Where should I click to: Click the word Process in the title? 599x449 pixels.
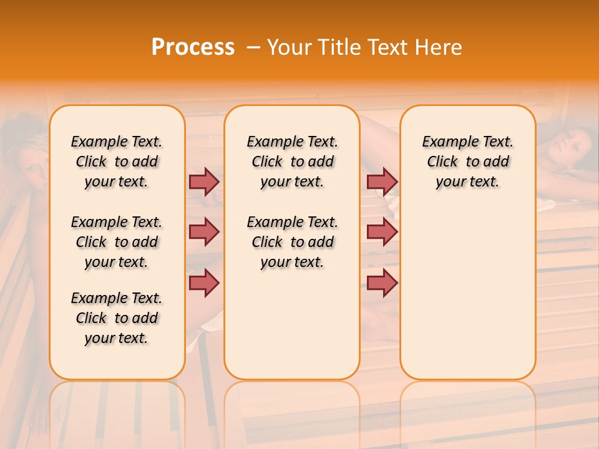(193, 47)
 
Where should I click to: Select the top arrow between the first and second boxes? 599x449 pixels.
(204, 181)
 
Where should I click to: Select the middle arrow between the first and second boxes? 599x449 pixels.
(204, 232)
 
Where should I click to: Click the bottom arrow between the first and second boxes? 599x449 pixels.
(204, 282)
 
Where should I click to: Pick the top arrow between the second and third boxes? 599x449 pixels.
(382, 181)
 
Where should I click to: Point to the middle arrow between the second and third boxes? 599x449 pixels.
(382, 232)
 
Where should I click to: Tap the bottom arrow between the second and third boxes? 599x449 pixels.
(382, 282)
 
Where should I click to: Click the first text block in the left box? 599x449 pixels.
(117, 162)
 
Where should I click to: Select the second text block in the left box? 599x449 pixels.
(117, 242)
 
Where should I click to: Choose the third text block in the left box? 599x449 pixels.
(117, 318)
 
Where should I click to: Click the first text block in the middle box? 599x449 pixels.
(293, 162)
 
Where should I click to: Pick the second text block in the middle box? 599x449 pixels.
(293, 242)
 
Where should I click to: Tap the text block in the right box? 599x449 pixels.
(468, 162)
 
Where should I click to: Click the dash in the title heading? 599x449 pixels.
(253, 47)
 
